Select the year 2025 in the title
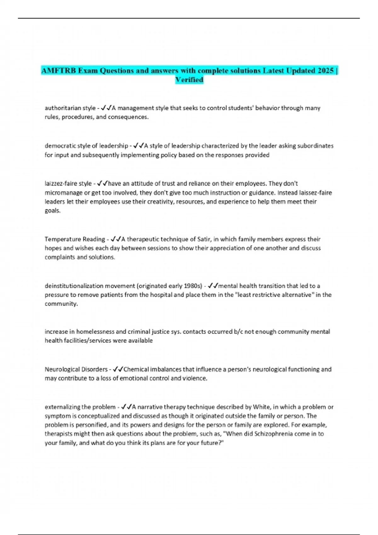pyautogui.click(x=326, y=70)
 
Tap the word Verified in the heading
pyautogui.click(x=189, y=80)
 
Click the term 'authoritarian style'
pyautogui.click(x=70, y=108)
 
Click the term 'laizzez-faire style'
pyautogui.click(x=68, y=183)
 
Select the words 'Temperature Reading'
pyautogui.click(x=75, y=239)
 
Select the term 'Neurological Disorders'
pyautogui.click(x=76, y=369)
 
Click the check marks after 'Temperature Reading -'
pyautogui.click(x=116, y=239)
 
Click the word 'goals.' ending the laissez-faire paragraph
pyautogui.click(x=52, y=211)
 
